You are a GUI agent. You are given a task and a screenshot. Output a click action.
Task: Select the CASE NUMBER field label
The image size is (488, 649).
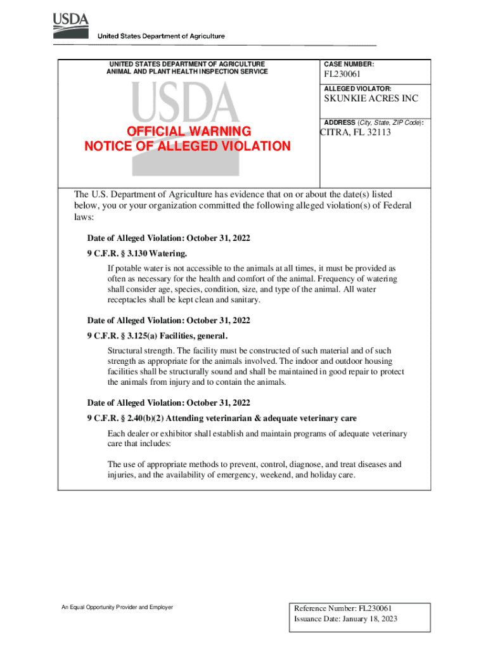click(x=349, y=65)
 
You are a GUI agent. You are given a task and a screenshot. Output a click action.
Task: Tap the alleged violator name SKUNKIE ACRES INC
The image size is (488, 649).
click(x=371, y=99)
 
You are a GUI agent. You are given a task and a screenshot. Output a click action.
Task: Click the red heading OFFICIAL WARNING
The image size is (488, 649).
click(x=189, y=131)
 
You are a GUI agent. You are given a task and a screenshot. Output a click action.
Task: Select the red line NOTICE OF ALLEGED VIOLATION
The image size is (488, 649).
click(x=188, y=146)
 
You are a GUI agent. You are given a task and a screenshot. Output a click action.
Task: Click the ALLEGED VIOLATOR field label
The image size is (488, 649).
click(x=357, y=89)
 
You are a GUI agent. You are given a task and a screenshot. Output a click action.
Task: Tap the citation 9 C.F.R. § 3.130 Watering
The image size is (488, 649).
click(x=137, y=254)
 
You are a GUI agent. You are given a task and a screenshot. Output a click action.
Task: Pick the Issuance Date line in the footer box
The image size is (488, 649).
click(x=345, y=619)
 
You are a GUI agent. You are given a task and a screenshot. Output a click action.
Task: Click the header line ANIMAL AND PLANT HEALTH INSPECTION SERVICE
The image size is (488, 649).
click(x=187, y=72)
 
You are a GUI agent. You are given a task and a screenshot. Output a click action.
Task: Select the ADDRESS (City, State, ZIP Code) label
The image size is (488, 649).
click(x=373, y=122)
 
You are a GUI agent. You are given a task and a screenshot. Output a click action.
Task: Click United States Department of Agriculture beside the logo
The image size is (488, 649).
click(x=160, y=36)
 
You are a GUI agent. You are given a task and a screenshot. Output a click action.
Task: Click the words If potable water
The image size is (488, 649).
click(x=136, y=269)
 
